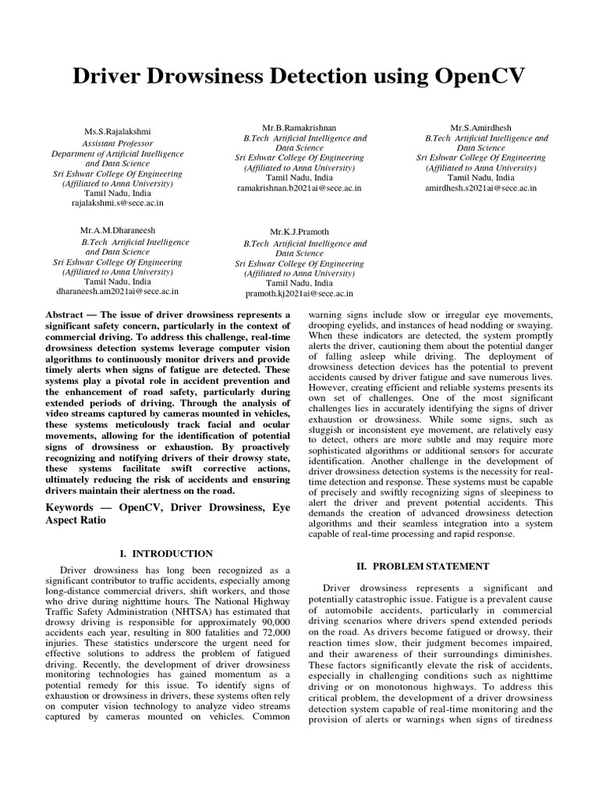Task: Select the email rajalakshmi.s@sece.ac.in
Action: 119,202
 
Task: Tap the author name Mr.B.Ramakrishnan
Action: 300,127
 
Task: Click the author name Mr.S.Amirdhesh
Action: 480,127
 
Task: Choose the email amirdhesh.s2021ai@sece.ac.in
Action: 480,188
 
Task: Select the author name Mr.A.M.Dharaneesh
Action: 119,232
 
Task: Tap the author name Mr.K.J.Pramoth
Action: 300,233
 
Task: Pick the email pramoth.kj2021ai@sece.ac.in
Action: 299,293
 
